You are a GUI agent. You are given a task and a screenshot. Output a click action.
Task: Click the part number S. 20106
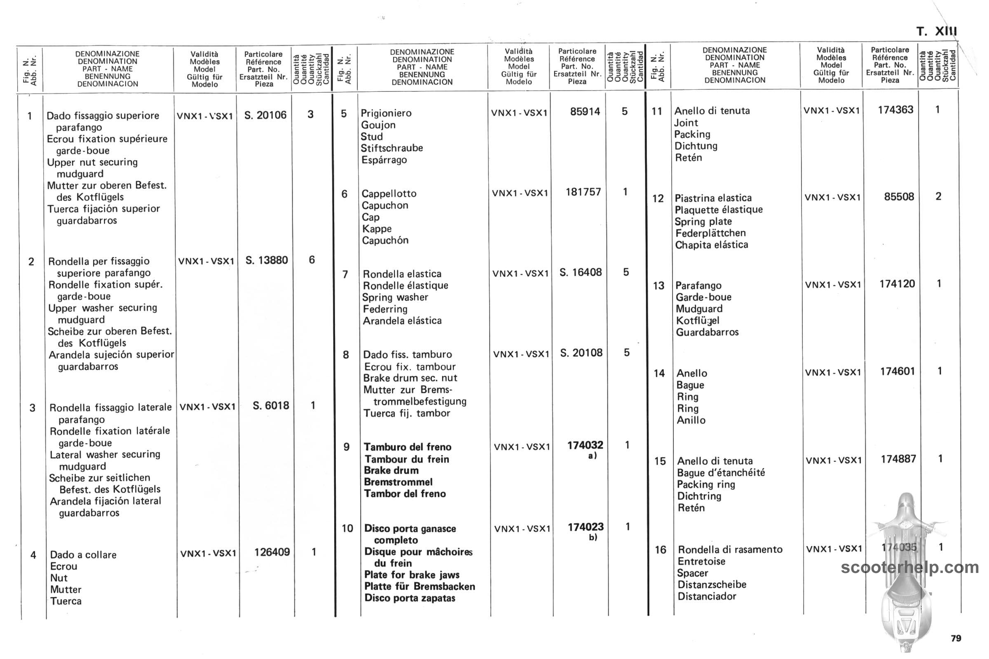pyautogui.click(x=265, y=115)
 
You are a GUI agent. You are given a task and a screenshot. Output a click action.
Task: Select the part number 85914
pyautogui.click(x=585, y=112)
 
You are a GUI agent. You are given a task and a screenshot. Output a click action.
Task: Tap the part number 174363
pyautogui.click(x=895, y=110)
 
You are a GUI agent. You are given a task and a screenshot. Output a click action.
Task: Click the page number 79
pyautogui.click(x=956, y=638)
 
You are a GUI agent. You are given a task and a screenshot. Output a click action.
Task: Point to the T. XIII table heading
pyautogui.click(x=936, y=32)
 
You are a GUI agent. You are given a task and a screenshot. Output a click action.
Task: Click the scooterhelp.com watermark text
pyautogui.click(x=909, y=568)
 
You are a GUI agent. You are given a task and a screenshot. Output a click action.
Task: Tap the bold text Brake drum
pyautogui.click(x=391, y=471)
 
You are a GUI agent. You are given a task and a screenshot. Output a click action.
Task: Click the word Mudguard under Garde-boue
pyautogui.click(x=699, y=309)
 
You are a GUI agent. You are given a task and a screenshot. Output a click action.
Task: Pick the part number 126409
pyautogui.click(x=272, y=552)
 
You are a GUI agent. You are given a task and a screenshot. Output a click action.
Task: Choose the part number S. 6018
pyautogui.click(x=271, y=406)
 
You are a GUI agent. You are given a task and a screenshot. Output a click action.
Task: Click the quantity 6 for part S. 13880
pyautogui.click(x=312, y=260)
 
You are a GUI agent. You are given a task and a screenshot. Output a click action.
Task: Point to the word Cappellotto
pyautogui.click(x=389, y=194)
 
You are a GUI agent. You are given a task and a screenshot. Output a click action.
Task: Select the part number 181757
pyautogui.click(x=583, y=192)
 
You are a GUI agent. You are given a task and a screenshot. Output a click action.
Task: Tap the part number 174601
pyautogui.click(x=898, y=372)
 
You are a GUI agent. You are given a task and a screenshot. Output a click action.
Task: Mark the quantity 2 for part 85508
pyautogui.click(x=938, y=197)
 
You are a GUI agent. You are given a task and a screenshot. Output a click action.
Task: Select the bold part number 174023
pyautogui.click(x=585, y=527)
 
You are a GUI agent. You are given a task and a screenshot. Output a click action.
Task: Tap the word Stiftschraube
pyautogui.click(x=391, y=148)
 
